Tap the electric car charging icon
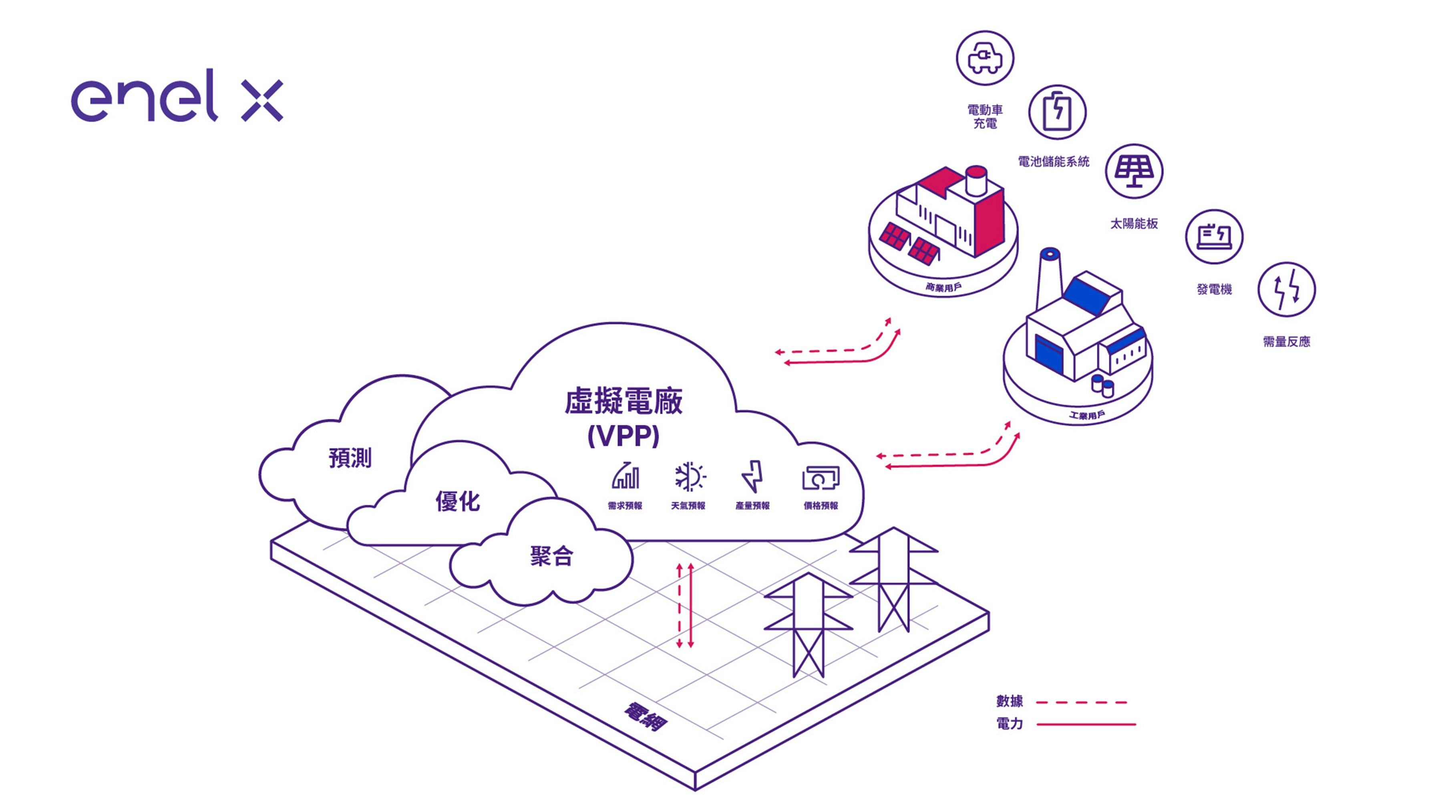pos(985,58)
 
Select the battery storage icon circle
pos(1056,113)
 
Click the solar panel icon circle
pos(1134,171)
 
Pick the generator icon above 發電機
pos(1214,237)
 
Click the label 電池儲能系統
pos(1053,161)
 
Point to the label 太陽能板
pos(1134,224)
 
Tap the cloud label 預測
pos(350,458)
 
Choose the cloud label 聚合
pos(551,556)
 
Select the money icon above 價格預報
pos(821,478)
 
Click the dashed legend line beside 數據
pos(1081,702)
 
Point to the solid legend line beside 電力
pos(1086,724)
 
